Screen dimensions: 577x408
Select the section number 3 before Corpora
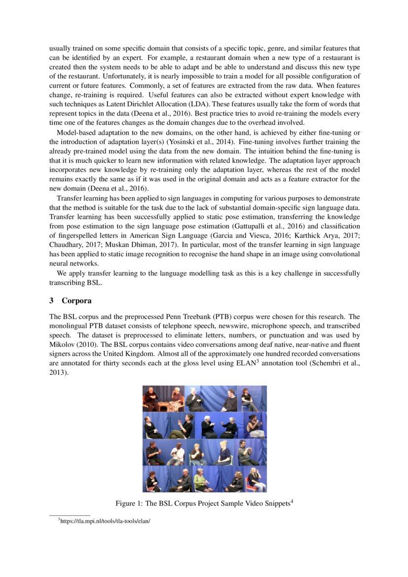coord(51,301)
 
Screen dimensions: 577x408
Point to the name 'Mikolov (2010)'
coord(72,345)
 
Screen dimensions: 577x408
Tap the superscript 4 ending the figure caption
coord(293,501)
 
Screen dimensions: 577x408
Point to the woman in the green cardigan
coord(200,480)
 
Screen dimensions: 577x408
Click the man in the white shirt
coord(177,453)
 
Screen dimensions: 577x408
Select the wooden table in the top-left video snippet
coord(163,407)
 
